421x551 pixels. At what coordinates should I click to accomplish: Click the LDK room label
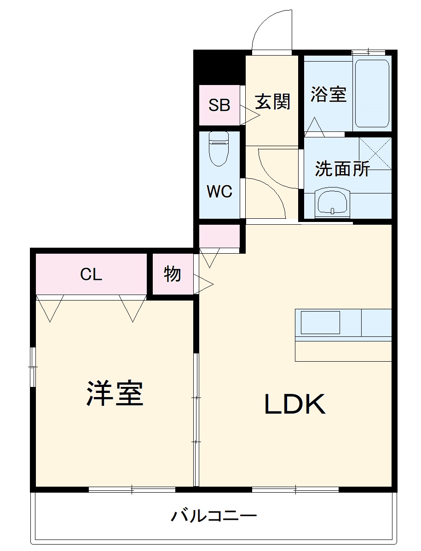(x=295, y=404)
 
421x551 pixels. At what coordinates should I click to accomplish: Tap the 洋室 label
(x=115, y=393)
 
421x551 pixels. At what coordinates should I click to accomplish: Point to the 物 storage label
(x=172, y=274)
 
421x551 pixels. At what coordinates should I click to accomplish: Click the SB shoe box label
(x=219, y=105)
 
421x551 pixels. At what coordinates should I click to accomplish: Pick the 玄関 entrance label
(x=273, y=102)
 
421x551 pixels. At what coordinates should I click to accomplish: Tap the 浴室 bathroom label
(x=328, y=94)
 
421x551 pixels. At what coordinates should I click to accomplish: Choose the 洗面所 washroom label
(x=342, y=169)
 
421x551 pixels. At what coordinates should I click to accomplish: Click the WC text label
(x=219, y=192)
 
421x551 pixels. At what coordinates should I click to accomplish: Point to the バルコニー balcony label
(x=214, y=517)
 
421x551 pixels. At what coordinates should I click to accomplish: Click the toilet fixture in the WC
(x=219, y=149)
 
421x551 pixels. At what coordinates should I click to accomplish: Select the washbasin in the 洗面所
(x=332, y=202)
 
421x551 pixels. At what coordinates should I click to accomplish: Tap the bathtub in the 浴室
(x=372, y=95)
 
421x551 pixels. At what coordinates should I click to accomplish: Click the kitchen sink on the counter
(x=320, y=322)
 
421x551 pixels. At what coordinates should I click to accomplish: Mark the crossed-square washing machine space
(x=375, y=153)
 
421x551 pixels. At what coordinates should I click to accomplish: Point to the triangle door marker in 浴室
(x=315, y=127)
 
